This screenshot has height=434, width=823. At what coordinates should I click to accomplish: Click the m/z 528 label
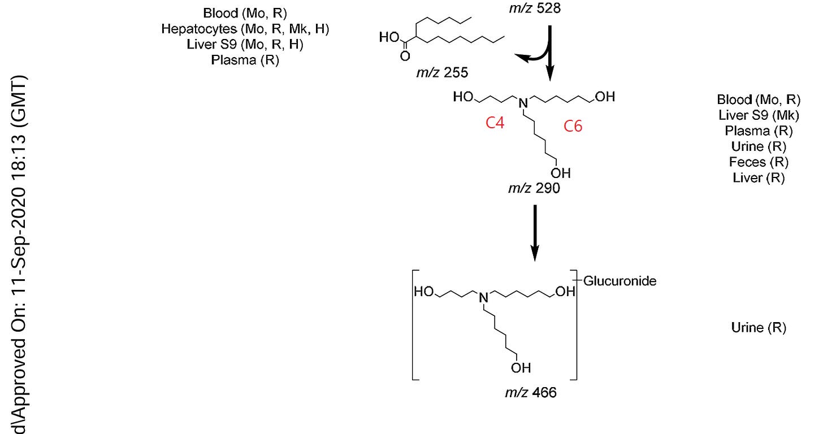click(x=535, y=8)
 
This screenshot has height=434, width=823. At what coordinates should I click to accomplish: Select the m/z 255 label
click(x=442, y=73)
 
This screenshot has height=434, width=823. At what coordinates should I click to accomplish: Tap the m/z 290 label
click(x=534, y=188)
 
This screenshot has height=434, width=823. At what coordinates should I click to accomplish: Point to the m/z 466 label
click(x=531, y=393)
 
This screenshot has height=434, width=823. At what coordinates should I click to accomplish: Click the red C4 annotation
click(x=495, y=123)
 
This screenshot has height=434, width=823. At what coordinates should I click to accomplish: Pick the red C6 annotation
click(x=573, y=127)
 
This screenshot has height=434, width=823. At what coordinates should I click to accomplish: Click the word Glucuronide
click(x=620, y=281)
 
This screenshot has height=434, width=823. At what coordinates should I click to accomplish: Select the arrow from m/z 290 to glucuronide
click(x=535, y=233)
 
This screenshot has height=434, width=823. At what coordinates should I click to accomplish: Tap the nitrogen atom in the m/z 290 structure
click(x=523, y=103)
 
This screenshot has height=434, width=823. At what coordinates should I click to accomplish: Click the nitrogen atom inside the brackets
click(x=483, y=297)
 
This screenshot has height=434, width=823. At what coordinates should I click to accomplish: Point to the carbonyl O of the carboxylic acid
click(x=405, y=56)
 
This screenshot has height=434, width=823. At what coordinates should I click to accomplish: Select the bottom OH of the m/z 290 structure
click(x=561, y=173)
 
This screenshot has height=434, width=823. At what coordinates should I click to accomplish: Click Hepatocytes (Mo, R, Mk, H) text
click(x=245, y=29)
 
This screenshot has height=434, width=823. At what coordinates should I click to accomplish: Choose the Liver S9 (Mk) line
click(x=759, y=115)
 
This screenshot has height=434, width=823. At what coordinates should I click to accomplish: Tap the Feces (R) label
click(x=759, y=162)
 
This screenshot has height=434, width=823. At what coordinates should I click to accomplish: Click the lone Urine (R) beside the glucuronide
click(x=759, y=328)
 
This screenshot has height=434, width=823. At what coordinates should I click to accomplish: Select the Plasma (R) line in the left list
click(x=245, y=60)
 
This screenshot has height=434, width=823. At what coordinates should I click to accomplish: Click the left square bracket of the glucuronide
click(x=413, y=325)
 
